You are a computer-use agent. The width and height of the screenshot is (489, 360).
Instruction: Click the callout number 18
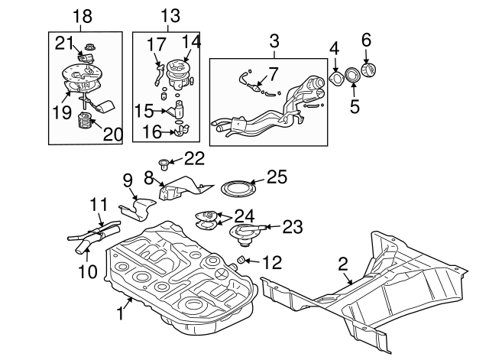tap(82, 16)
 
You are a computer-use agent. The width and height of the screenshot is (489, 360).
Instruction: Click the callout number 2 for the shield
tap(343, 264)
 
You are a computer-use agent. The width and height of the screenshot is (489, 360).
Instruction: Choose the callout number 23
tap(293, 226)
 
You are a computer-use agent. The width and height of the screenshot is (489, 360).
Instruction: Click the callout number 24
tap(244, 216)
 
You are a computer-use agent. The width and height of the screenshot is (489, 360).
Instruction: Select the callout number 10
tap(87, 271)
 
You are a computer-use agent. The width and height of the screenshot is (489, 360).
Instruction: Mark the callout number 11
tap(98, 205)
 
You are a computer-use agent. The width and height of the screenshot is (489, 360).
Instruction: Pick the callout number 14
tap(192, 42)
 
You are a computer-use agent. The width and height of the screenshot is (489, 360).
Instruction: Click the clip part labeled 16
tap(180, 133)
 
